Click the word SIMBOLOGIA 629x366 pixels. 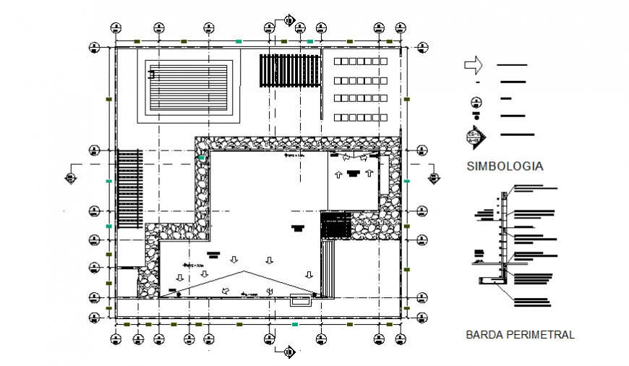click(505, 166)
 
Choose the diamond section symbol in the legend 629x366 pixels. click(476, 135)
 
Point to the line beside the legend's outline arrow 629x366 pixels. click(512, 66)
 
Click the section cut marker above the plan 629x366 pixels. click(288, 20)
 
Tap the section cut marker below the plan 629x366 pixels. click(287, 352)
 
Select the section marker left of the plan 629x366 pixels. click(70, 176)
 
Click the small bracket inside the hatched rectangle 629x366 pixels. click(152, 73)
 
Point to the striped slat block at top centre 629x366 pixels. click(288, 70)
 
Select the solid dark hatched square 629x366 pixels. click(335, 225)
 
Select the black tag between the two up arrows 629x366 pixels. click(353, 172)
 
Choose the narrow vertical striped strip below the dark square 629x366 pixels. click(329, 268)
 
